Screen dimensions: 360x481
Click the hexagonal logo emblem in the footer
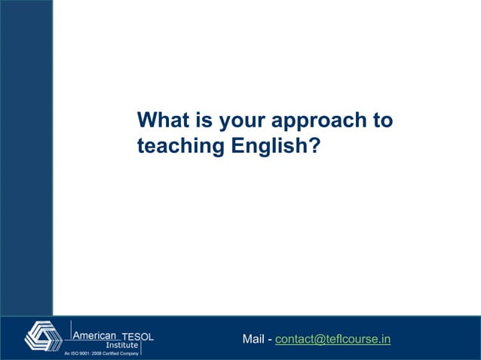[x=44, y=336]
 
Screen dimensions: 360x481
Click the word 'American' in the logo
[x=95, y=335]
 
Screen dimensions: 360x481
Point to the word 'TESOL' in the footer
[x=138, y=336]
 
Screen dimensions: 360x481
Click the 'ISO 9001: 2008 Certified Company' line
[x=100, y=353]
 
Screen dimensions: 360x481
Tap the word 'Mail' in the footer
[x=253, y=340]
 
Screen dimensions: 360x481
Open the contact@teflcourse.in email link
[x=332, y=340]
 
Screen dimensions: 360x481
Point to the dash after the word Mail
[x=270, y=340]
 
